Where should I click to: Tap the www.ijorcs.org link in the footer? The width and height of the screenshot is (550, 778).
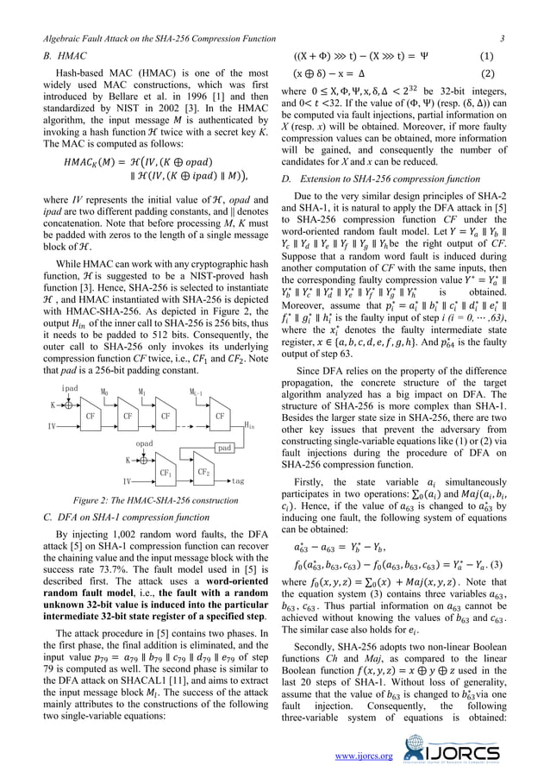coord(369,756)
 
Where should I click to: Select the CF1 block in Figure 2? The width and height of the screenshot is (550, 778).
coord(163,472)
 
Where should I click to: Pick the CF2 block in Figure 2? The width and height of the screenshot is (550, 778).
coord(203,471)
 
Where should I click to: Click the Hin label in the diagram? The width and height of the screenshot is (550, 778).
coord(249,424)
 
